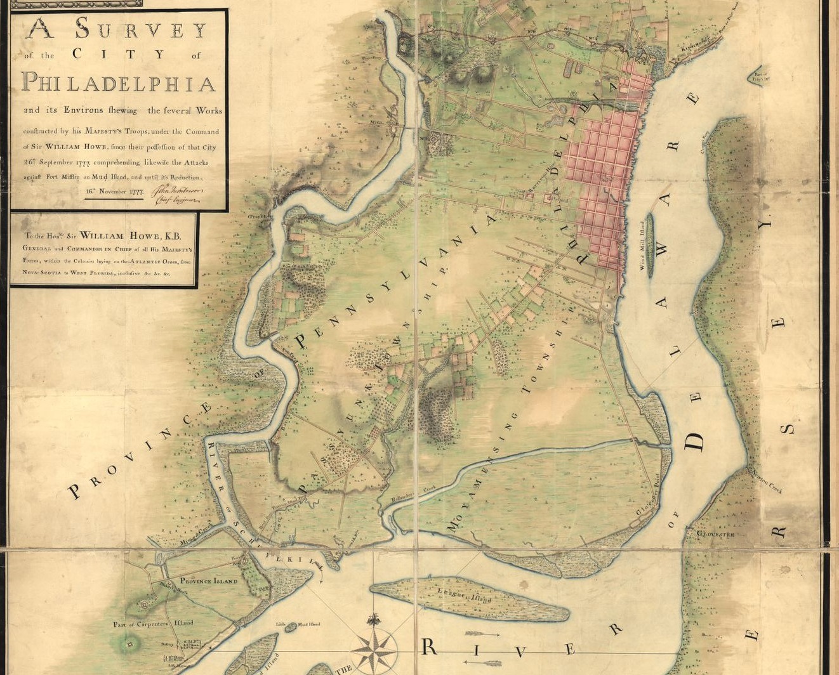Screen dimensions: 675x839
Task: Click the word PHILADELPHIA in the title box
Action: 118,83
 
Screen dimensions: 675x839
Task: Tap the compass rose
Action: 374,649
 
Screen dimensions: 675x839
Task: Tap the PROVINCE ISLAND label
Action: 208,581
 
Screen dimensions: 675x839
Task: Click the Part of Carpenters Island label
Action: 153,624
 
